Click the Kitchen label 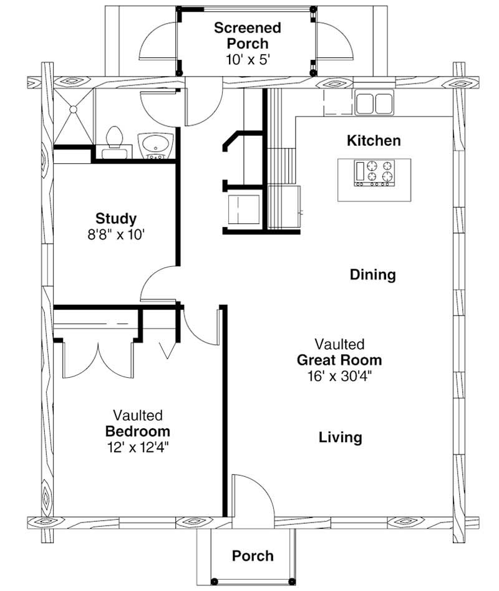click(x=374, y=141)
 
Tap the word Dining click(x=372, y=274)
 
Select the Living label click(x=340, y=437)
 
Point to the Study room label click(x=116, y=219)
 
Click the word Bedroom click(x=137, y=431)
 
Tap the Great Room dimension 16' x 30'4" click(x=339, y=376)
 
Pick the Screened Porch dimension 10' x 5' click(x=248, y=60)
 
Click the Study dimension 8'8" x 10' click(x=116, y=235)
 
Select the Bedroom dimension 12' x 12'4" click(x=138, y=448)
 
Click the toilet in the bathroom click(x=114, y=143)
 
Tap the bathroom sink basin click(x=155, y=145)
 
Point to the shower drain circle click(x=73, y=109)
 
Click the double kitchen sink click(x=374, y=102)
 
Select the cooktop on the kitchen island click(x=374, y=173)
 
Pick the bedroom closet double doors click(x=98, y=360)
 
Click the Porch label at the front click(x=253, y=556)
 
